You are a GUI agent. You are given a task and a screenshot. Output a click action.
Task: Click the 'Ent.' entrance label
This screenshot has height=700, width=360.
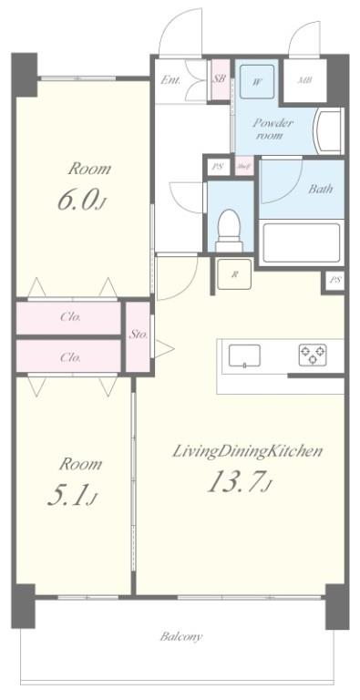(x=170, y=80)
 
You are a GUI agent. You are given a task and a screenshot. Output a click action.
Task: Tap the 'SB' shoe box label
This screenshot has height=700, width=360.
(x=220, y=79)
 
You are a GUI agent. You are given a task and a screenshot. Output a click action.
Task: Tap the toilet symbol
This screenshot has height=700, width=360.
(x=229, y=228)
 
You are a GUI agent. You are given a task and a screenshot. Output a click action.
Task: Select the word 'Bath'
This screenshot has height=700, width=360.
(x=320, y=190)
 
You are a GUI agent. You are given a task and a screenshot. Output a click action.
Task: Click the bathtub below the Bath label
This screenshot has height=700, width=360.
(x=300, y=242)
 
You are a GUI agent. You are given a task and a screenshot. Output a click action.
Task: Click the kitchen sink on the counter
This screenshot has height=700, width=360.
(x=245, y=355)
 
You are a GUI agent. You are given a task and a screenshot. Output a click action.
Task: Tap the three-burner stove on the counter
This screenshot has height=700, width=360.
(x=311, y=355)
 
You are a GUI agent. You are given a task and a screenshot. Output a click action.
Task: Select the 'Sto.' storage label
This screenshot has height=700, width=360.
(x=138, y=334)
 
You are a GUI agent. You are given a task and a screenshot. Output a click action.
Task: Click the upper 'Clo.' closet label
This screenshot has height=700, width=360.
(x=70, y=318)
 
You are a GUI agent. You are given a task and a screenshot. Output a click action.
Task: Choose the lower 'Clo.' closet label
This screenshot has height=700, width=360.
(x=70, y=357)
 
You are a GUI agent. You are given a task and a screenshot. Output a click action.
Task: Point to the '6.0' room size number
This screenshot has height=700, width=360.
(x=76, y=201)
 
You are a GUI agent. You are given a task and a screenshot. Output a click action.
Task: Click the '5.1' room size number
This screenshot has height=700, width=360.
(x=70, y=495)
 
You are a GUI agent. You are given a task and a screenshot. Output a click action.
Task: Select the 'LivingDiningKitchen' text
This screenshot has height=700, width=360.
(x=248, y=450)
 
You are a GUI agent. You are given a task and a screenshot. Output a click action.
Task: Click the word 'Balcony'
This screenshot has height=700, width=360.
(x=181, y=636)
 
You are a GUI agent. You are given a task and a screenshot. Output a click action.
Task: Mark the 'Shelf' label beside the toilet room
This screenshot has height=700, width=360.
(x=243, y=167)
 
